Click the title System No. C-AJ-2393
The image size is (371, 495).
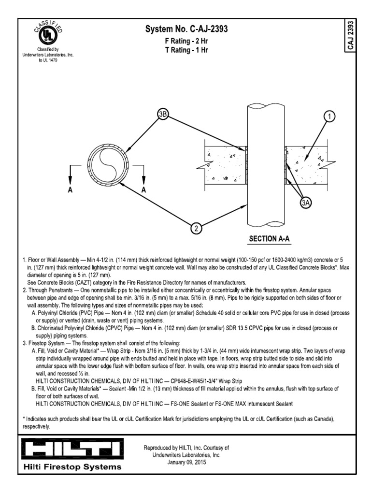186,30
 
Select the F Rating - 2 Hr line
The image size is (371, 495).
186,42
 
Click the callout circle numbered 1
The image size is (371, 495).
329,116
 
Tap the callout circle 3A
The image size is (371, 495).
306,203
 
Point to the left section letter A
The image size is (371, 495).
70,190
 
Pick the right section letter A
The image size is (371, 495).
143,190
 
